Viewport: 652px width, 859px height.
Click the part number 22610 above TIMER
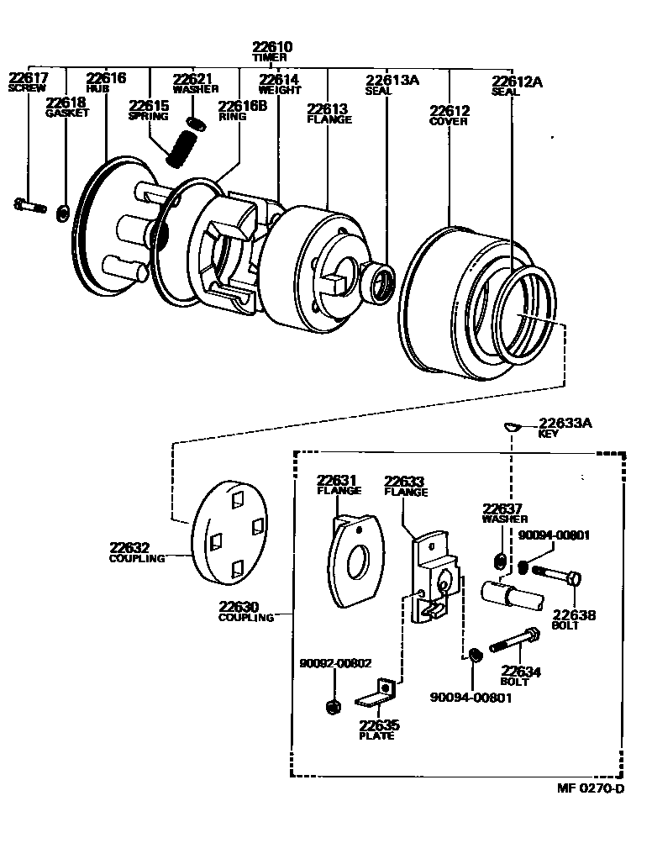pos(272,46)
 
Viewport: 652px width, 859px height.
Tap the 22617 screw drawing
pos(29,206)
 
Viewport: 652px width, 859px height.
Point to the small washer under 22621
pos(196,124)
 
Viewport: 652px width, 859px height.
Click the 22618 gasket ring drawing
pos(64,213)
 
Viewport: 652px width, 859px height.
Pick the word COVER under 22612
pos(449,122)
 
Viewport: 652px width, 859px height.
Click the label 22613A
pos(392,80)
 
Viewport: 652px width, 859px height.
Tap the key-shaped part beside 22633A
pos(511,426)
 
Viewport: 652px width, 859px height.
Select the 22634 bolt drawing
pos(514,640)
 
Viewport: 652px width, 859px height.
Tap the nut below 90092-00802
pos(332,707)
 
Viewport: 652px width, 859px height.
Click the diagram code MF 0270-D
pos(591,788)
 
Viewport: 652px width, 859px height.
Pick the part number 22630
pos(239,607)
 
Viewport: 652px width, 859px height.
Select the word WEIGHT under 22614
pos(280,90)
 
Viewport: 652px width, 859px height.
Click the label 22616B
pos(243,106)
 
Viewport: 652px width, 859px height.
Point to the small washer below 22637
pos(500,561)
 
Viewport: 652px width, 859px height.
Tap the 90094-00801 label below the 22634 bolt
pos(471,698)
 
